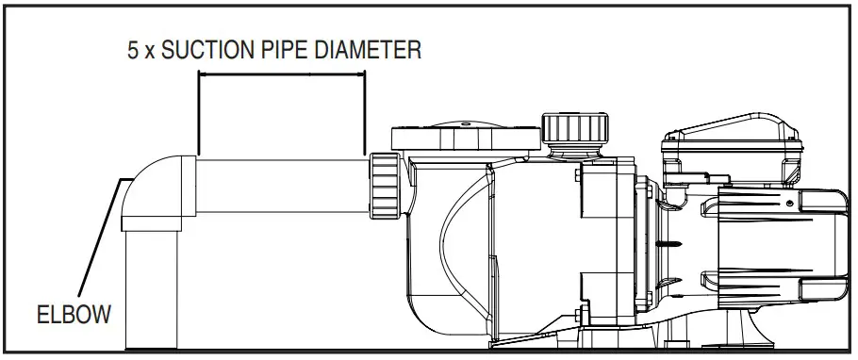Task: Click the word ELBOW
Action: click(74, 315)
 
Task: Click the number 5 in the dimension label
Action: click(133, 50)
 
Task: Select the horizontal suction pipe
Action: click(282, 186)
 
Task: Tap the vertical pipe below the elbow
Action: click(152, 289)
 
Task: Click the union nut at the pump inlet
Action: click(386, 186)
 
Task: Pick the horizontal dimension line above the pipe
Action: click(282, 74)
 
